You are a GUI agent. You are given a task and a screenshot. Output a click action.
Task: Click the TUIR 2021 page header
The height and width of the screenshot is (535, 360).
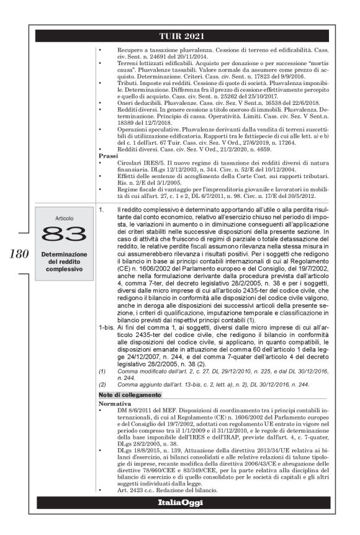pyautogui.click(x=181, y=36)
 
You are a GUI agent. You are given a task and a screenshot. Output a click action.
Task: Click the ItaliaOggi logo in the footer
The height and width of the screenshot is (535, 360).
pyautogui.click(x=181, y=501)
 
